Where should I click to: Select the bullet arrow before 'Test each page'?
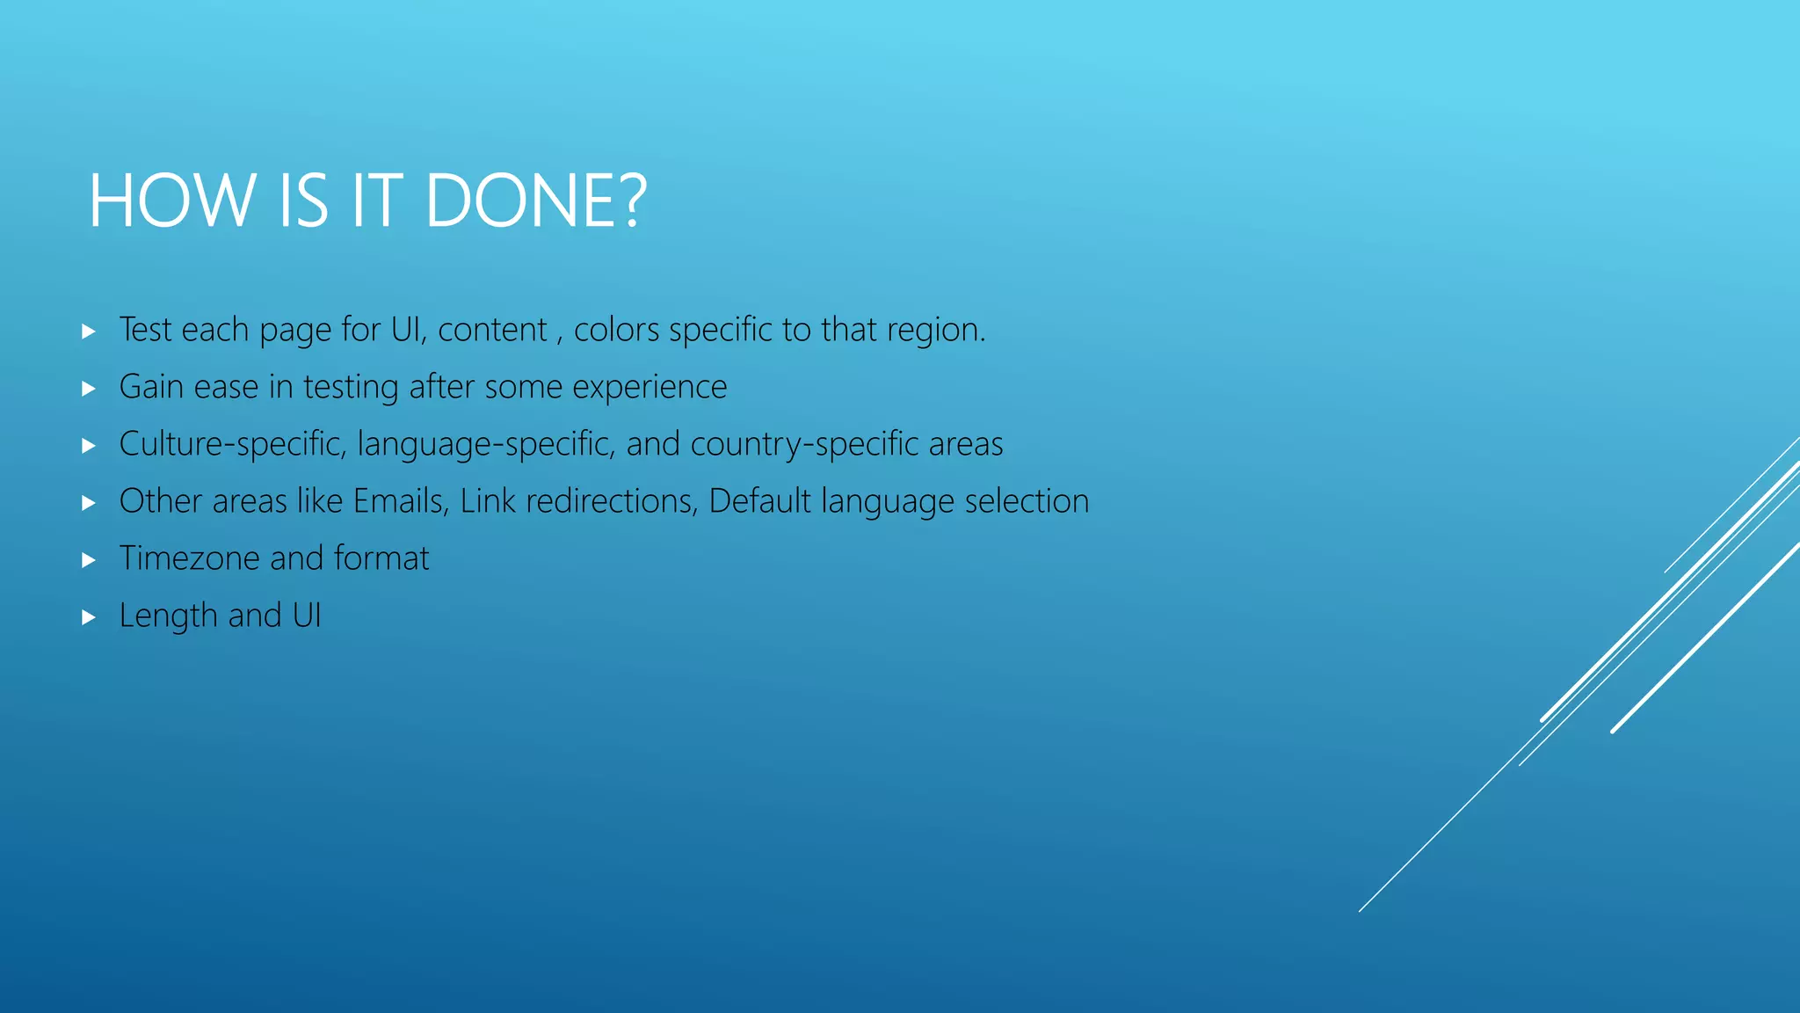point(88,332)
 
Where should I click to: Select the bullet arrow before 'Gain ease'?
point(88,389)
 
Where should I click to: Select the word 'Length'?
point(168,616)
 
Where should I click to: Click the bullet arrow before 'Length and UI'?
point(88,617)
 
